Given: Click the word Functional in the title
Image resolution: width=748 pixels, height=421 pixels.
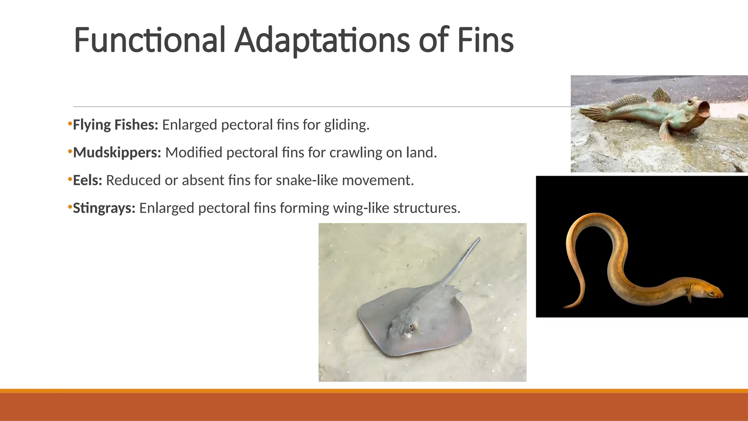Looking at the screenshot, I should pos(149,40).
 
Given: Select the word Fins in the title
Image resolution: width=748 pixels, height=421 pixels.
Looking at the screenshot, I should pos(485,40).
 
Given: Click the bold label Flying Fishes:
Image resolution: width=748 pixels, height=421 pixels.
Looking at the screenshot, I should pos(115,125).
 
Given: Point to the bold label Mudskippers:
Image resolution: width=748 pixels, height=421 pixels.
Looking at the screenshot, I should pos(117,153).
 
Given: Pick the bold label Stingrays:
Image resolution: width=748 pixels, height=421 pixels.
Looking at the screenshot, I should pos(104,208).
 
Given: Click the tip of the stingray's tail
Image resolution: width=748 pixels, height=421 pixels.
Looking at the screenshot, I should pos(478,239).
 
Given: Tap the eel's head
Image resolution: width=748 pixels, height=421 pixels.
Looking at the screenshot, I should pos(712,292).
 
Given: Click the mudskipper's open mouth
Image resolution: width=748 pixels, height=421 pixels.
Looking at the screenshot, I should pos(703,109).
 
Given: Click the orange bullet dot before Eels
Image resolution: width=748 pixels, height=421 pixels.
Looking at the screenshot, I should pos(69,179).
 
